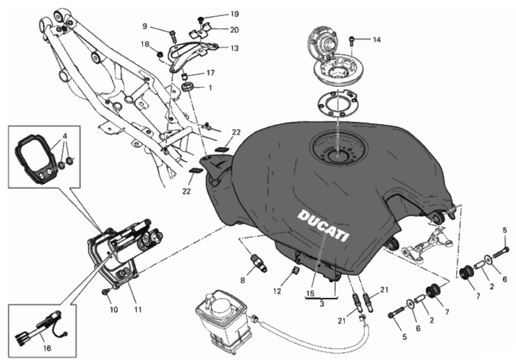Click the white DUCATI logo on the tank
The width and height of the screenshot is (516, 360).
point(323,225)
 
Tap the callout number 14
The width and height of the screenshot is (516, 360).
point(376,40)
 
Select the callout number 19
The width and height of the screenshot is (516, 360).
point(234,14)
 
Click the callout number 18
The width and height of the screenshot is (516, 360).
point(145,44)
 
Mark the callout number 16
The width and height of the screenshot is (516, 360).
point(47,348)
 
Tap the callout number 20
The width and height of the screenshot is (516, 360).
point(234,30)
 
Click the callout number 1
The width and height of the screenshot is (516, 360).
point(210,88)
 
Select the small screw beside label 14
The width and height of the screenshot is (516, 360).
point(351,41)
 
